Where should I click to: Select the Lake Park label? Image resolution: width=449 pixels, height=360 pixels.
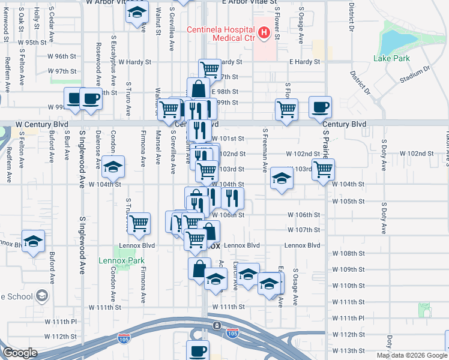pos(391,58)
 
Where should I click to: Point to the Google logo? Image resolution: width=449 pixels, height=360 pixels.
pos(20,353)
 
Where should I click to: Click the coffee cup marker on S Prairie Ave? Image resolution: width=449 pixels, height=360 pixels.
pos(320,107)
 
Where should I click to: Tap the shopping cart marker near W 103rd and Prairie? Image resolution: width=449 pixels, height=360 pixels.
pos(323,169)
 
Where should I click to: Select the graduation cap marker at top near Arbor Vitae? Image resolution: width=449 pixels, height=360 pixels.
pos(137,12)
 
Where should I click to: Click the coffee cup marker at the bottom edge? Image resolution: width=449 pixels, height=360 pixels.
pos(197,350)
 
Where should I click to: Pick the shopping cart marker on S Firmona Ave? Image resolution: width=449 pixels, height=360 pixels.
pos(139,223)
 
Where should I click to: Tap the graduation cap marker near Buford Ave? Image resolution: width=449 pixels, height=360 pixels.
pos(34,241)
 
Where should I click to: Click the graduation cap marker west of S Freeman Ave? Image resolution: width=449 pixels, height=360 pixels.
pos(282,178)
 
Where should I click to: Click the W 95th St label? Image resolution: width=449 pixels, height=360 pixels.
pos(32,43)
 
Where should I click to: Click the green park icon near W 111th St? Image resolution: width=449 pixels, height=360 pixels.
pos(424,310)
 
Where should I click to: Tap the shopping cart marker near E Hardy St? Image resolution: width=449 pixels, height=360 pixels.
pos(209,69)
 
